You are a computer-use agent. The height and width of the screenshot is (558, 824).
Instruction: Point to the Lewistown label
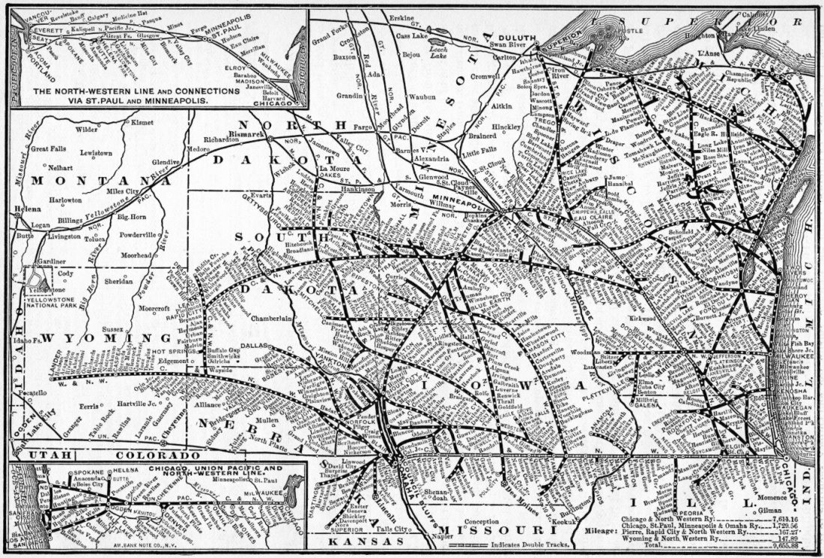(95, 152)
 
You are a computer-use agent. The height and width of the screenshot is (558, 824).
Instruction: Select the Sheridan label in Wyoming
(119, 282)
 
